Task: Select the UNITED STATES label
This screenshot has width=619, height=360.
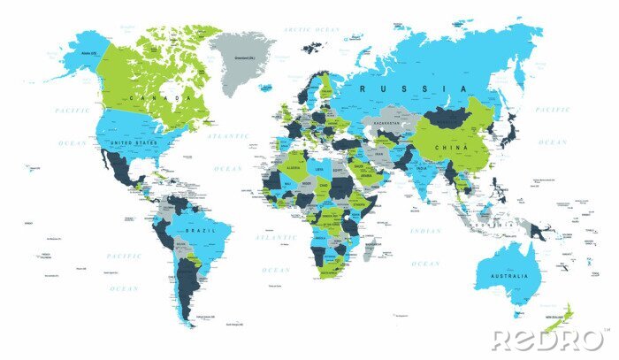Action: pyautogui.click(x=132, y=142)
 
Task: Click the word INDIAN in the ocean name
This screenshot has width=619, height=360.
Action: pyautogui.click(x=424, y=232)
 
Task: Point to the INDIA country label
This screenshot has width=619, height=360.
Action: pyautogui.click(x=420, y=170)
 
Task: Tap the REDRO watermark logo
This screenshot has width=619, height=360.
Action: pyautogui.click(x=548, y=340)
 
